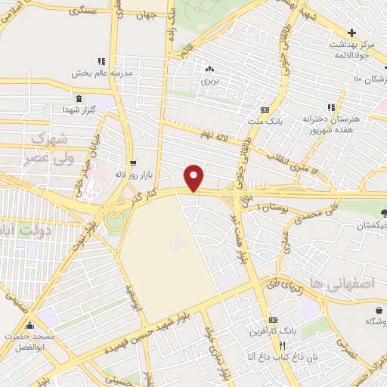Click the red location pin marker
[194, 178]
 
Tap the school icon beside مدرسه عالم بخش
[101, 61]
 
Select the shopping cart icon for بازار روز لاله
[134, 163]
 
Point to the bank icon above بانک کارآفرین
[273, 320]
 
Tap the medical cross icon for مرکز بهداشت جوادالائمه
[351, 33]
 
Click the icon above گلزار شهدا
[79, 98]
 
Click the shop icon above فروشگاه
[379, 309]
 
